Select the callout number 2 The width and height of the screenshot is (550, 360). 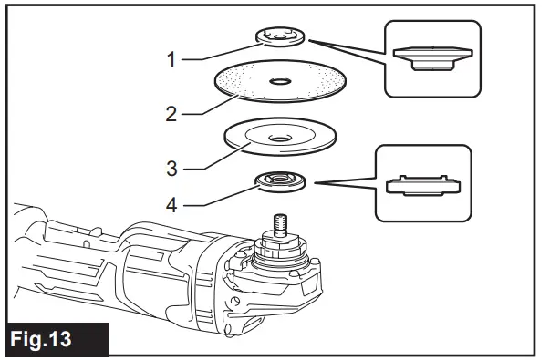tap(171, 115)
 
